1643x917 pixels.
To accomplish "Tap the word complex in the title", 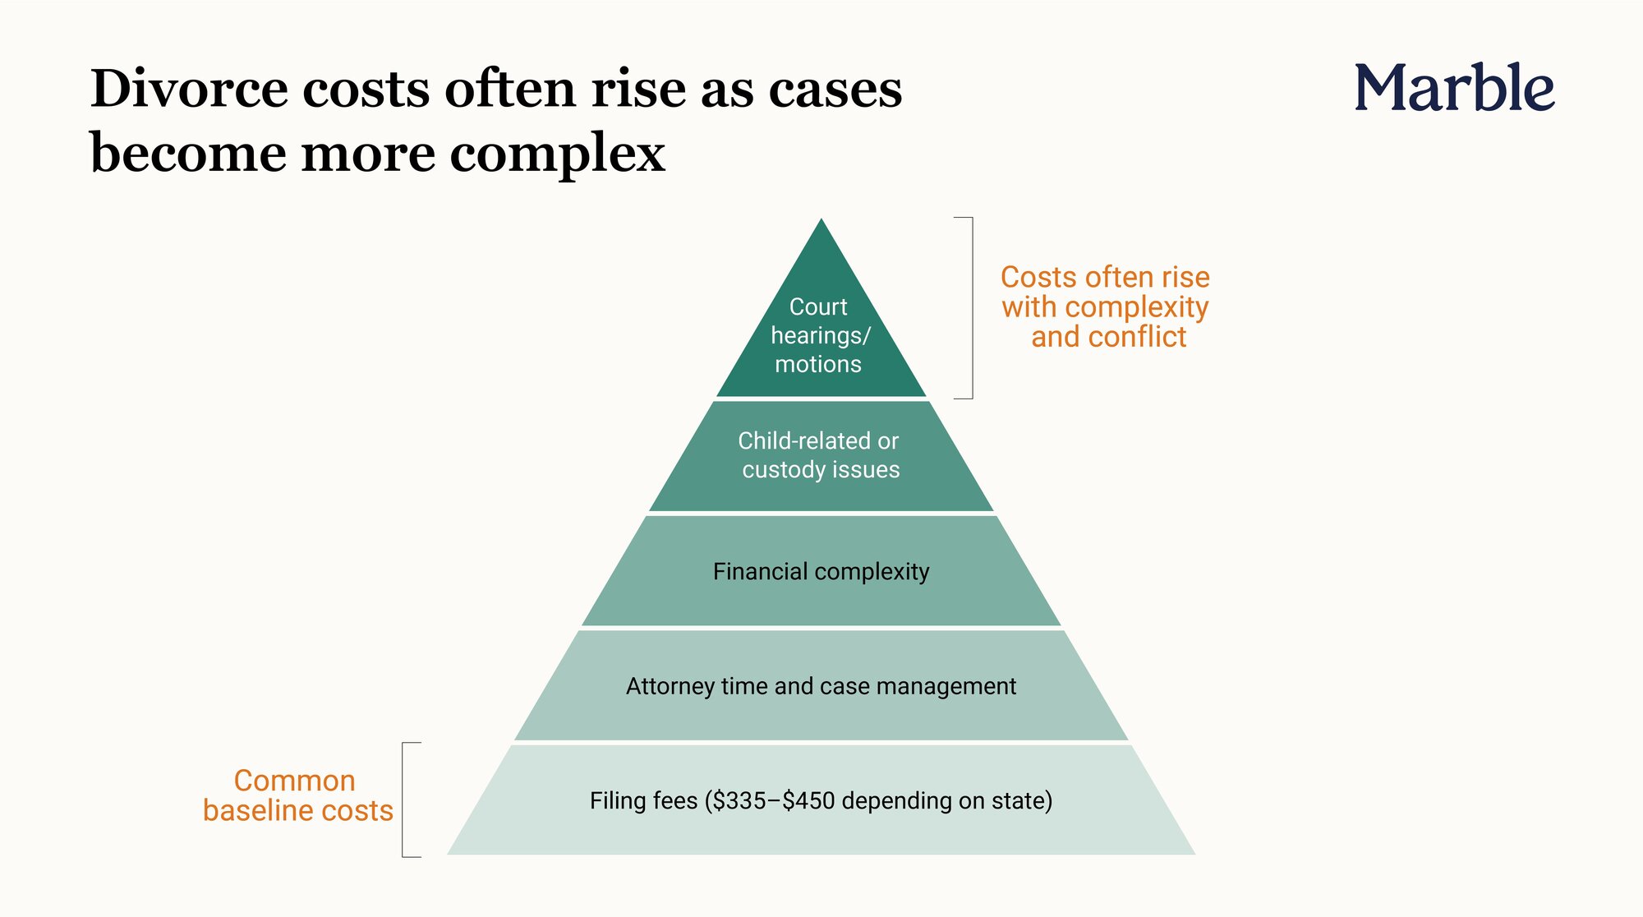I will point(558,154).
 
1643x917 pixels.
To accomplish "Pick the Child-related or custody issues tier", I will point(821,456).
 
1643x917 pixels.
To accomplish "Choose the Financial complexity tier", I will point(821,572).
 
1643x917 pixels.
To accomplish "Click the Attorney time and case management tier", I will point(821,686).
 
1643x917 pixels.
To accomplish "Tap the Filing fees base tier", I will point(821,800).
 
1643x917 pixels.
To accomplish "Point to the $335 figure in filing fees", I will point(740,801).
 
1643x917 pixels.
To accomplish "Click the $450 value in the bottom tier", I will point(809,801).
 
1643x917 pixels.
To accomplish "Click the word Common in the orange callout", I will point(294,781).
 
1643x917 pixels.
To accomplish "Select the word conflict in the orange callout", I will point(1137,337).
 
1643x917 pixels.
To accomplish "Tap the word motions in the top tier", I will point(818,364).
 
